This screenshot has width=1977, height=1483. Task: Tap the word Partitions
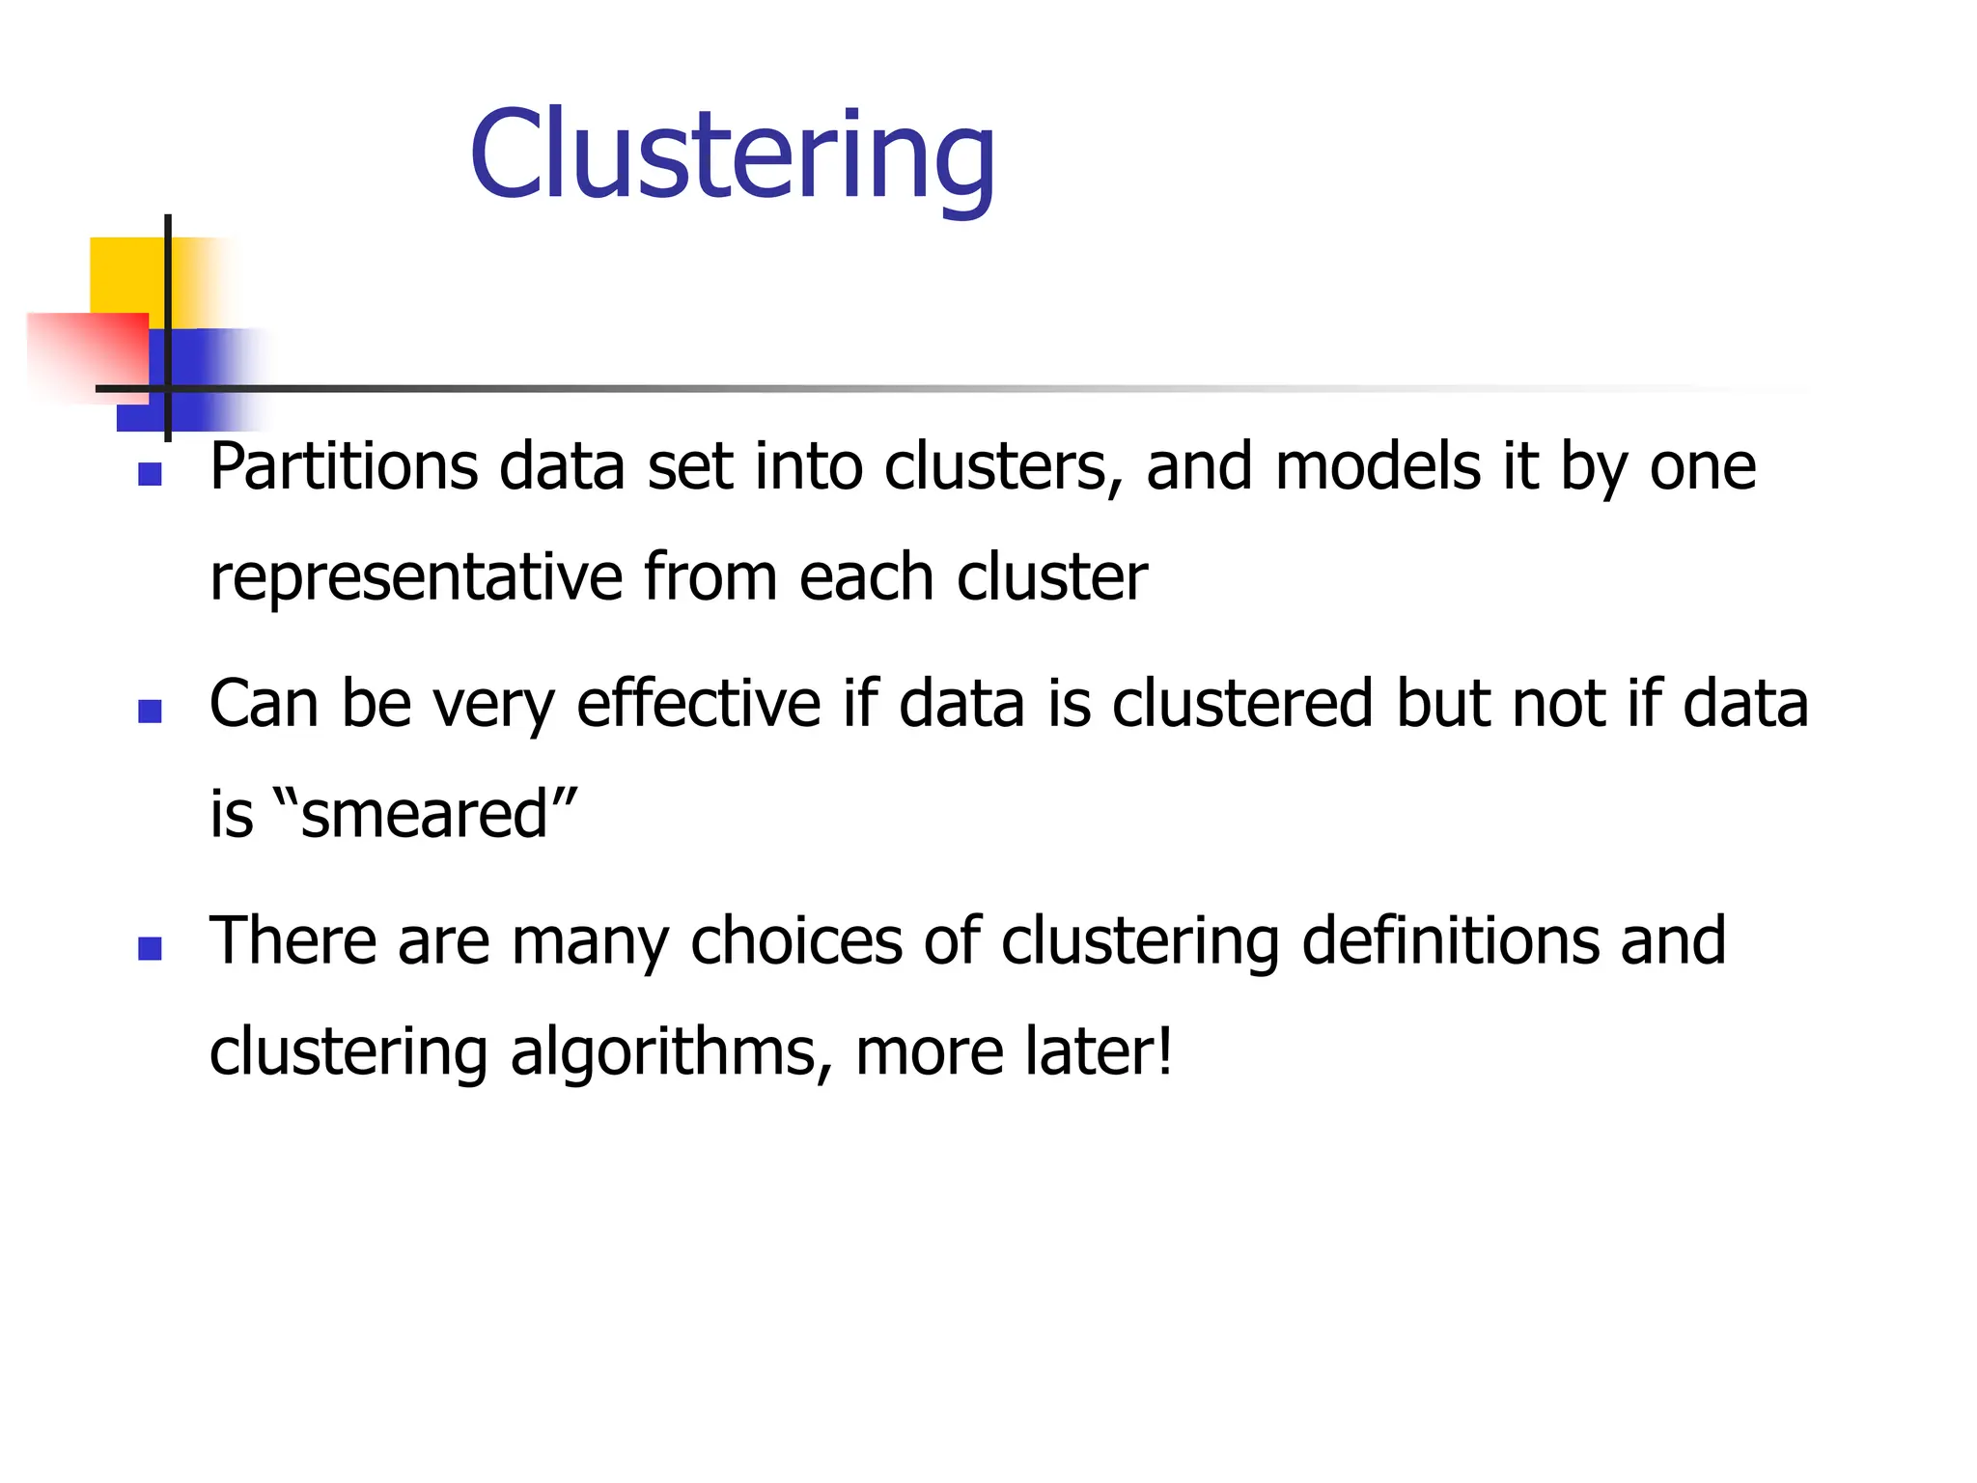coord(344,467)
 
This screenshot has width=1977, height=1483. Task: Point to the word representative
coord(416,578)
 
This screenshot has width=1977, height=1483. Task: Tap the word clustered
coord(1242,703)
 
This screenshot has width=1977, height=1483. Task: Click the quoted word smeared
coord(425,814)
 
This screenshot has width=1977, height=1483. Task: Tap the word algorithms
coord(671,1052)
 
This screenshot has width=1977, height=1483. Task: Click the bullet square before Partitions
coord(150,474)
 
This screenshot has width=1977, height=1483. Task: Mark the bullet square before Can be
coord(150,712)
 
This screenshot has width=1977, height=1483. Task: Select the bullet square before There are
coord(150,948)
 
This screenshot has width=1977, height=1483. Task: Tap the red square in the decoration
coord(87,352)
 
